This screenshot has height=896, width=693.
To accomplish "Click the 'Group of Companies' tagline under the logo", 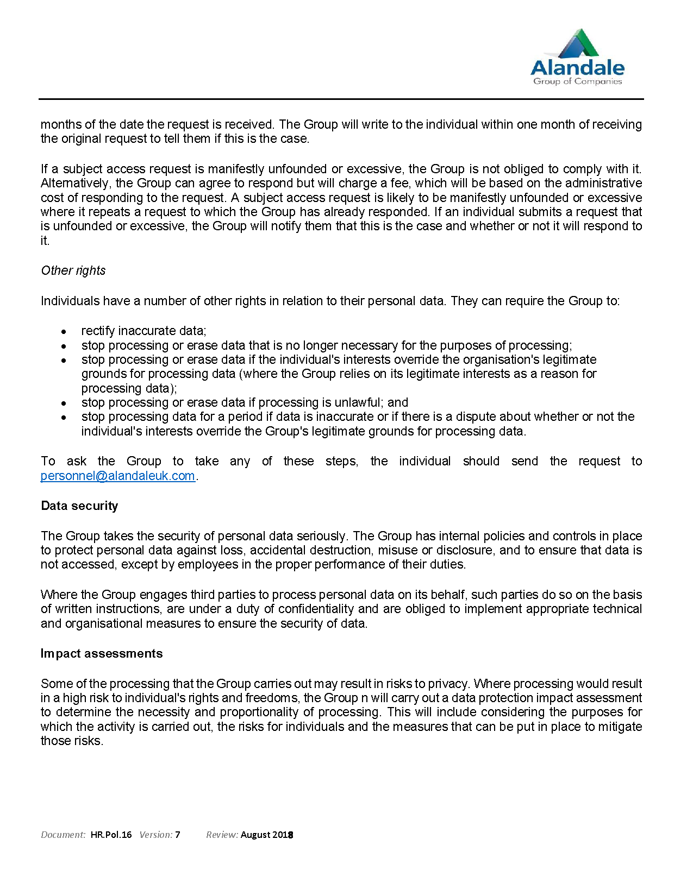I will [577, 81].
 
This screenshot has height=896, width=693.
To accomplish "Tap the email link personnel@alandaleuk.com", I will [117, 476].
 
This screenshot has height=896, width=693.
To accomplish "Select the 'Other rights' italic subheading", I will [73, 270].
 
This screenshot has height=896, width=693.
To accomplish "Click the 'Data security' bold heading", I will [79, 506].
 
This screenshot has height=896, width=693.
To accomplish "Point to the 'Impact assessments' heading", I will [102, 653].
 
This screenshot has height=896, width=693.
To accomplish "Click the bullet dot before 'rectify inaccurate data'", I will [64, 331].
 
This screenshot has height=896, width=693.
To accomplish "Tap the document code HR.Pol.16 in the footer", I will [111, 835].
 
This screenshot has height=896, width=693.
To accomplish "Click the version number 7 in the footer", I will [178, 835].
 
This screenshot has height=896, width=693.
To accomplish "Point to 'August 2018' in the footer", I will [267, 835].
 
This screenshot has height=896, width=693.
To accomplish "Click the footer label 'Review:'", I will [222, 835].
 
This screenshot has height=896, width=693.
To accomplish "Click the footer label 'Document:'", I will [63, 835].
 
